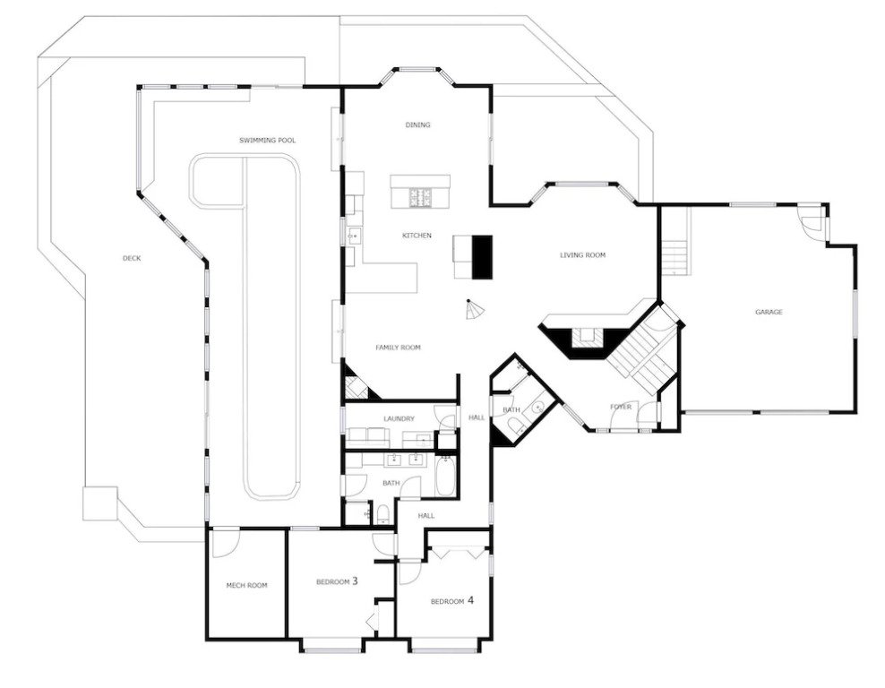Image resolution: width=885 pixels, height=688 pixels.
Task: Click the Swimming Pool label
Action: pos(267,141)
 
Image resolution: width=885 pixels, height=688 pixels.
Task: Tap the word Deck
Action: pos(132,259)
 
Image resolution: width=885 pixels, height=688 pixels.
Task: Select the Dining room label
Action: pos(417,125)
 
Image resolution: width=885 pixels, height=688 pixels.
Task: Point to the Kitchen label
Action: pos(417,236)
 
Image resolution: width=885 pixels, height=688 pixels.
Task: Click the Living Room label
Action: pos(582,255)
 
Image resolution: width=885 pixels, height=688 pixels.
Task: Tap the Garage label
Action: pos(769,312)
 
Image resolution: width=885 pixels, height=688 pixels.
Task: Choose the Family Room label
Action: pos(398,348)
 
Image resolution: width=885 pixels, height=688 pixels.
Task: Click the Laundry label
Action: pos(399,418)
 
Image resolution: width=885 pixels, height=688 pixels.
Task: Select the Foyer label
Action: pos(621,407)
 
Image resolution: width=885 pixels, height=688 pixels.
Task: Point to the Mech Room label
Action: pos(246,585)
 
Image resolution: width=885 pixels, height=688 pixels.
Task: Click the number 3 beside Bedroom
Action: pos(355,580)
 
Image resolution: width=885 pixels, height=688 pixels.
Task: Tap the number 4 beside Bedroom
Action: pos(470,600)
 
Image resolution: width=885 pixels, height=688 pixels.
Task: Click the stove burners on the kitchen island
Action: pos(420,196)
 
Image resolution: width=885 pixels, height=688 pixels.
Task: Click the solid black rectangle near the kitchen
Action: pos(482,257)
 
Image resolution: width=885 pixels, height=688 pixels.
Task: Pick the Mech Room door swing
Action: pos(225,541)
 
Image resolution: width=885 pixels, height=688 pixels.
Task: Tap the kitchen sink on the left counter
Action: pos(355,235)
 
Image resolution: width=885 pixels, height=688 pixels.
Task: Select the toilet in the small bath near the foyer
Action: pos(514,426)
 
